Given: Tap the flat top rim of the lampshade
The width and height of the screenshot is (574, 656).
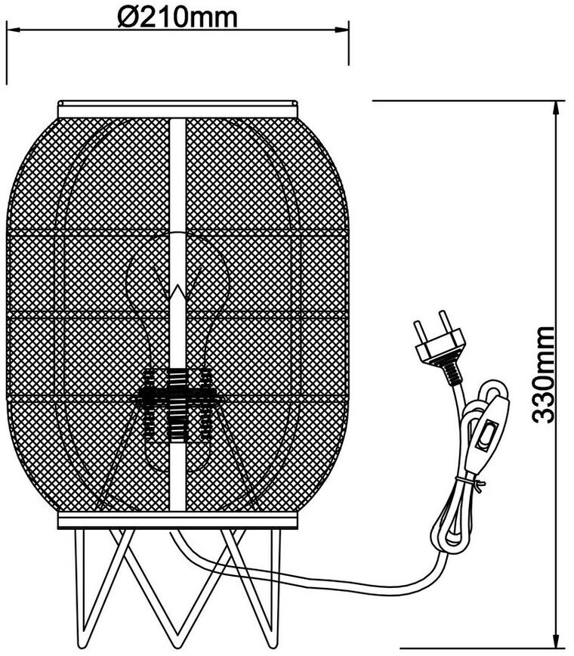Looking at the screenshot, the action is click(x=177, y=107).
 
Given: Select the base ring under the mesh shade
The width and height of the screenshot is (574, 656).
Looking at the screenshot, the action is click(x=177, y=521).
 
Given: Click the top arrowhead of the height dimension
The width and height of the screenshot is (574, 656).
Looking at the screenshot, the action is click(x=557, y=107).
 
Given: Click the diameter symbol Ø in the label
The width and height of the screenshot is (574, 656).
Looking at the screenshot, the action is click(x=128, y=15).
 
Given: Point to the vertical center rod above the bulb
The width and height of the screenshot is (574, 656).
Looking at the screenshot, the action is click(x=177, y=189).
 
